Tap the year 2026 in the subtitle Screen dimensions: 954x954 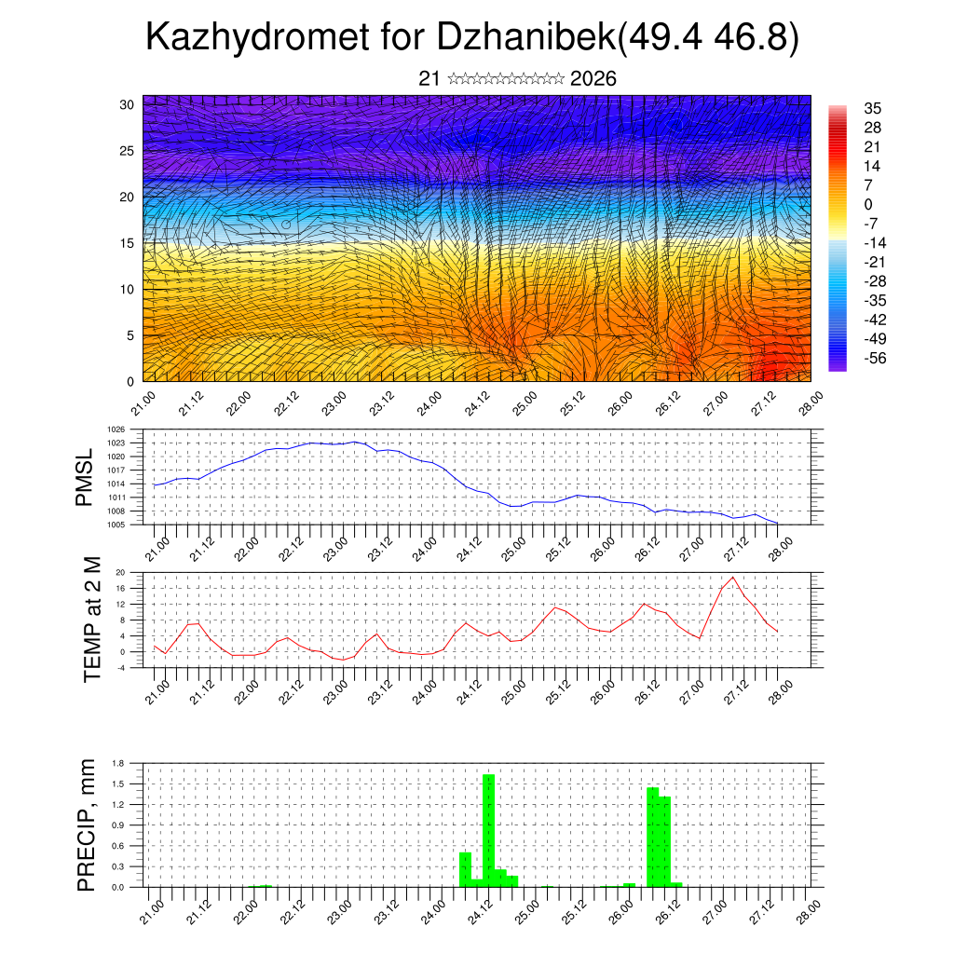tap(593, 79)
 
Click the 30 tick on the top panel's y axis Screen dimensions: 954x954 tap(128, 104)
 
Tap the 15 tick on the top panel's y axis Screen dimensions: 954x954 tap(128, 243)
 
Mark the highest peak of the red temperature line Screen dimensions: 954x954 tap(733, 578)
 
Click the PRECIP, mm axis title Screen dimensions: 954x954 tap(86, 825)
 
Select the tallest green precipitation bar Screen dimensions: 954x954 tap(488, 830)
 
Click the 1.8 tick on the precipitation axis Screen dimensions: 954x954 tap(118, 763)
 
